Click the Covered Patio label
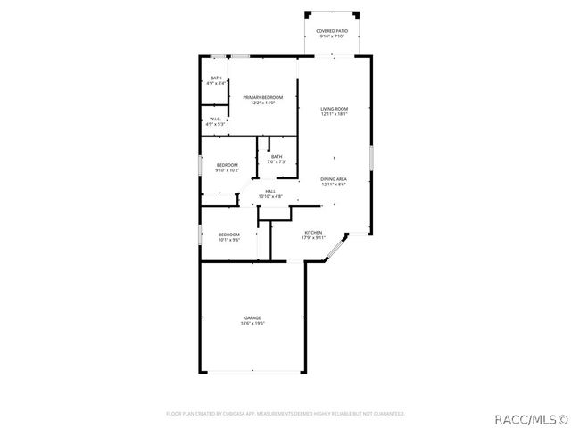click(x=332, y=31)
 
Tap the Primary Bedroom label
click(x=263, y=97)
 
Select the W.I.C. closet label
click(x=215, y=119)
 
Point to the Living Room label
click(x=334, y=109)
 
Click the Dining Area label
click(x=334, y=179)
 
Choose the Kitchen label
click(x=313, y=233)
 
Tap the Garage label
click(x=252, y=317)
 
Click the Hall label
click(x=269, y=191)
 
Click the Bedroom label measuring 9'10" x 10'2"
click(x=227, y=164)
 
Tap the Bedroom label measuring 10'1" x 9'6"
click(x=229, y=234)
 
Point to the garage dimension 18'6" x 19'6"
click(x=252, y=323)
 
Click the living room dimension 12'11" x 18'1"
click(x=334, y=114)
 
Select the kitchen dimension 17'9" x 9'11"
click(x=313, y=238)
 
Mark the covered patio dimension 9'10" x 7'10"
click(x=332, y=37)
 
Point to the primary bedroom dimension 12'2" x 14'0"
click(x=263, y=103)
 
